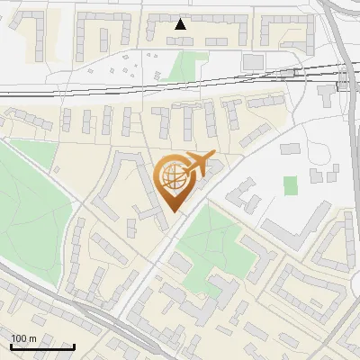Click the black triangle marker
[x=181, y=24]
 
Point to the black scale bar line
[x=42, y=346]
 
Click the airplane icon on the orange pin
[x=198, y=165]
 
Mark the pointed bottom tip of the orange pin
[x=173, y=211]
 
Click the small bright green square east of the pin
[x=291, y=185]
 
